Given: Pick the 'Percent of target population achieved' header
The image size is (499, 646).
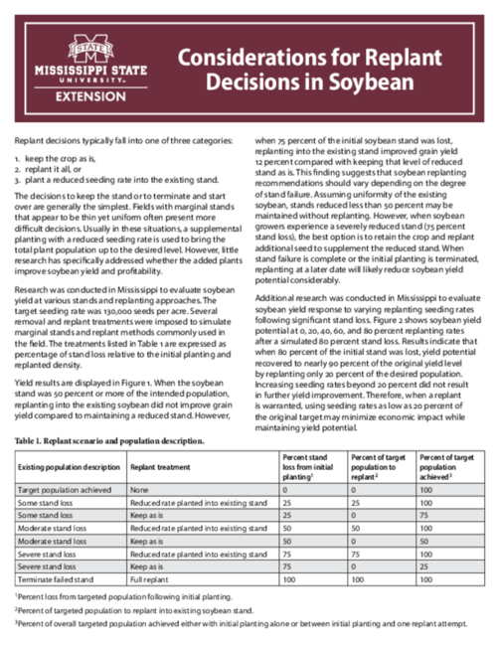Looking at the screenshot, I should (446, 464).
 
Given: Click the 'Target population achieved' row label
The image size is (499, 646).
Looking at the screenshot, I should (61, 490).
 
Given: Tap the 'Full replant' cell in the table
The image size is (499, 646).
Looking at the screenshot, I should (150, 577).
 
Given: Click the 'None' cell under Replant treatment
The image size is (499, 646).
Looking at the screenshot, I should (140, 490).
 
